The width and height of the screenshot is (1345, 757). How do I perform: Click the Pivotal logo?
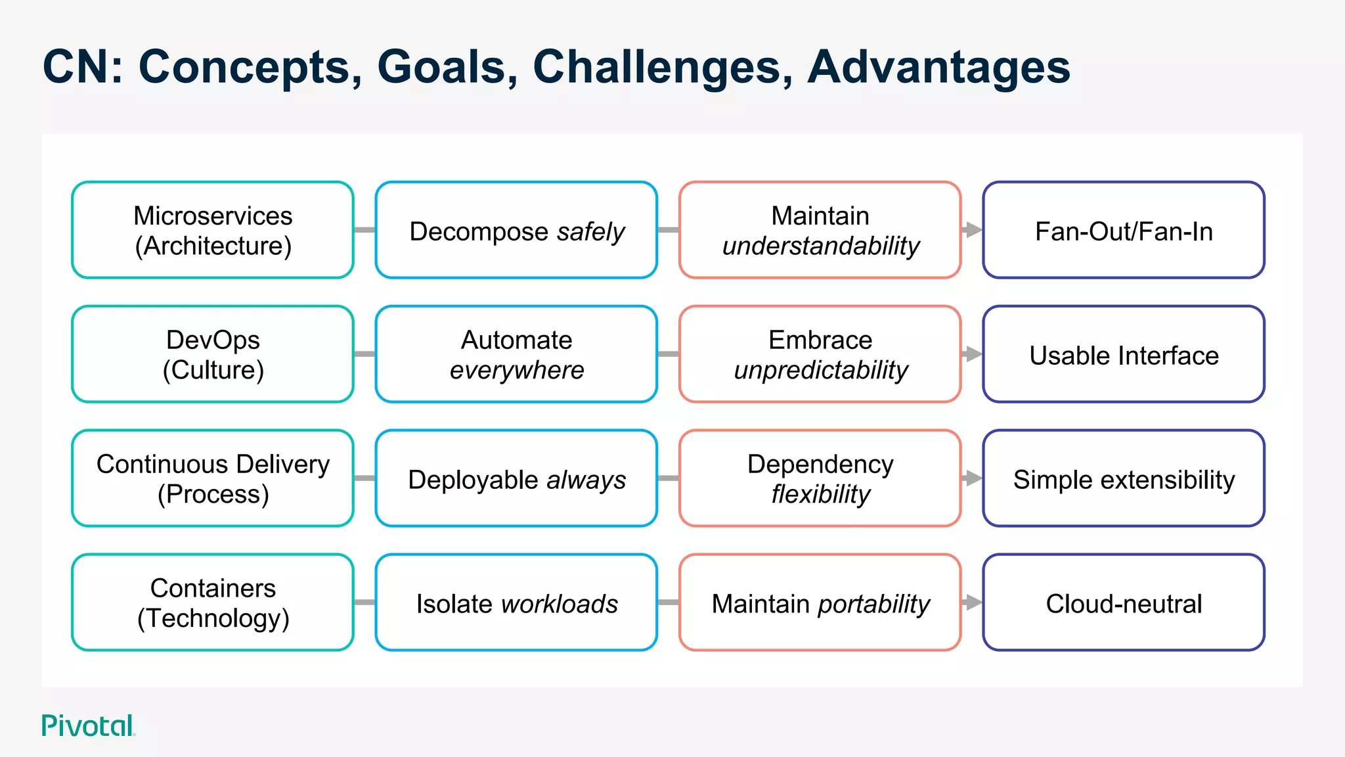click(88, 725)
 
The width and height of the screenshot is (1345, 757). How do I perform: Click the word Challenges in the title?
click(662, 68)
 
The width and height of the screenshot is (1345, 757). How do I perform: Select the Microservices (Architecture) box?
click(213, 230)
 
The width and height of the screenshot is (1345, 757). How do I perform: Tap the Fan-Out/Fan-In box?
click(1124, 230)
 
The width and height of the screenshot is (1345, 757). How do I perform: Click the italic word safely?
click(590, 232)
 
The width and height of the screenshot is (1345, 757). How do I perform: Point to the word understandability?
click(820, 246)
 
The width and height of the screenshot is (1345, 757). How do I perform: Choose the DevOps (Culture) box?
click(213, 354)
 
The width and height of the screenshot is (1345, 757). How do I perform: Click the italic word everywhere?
click(517, 371)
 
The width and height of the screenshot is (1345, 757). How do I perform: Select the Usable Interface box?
click(1124, 354)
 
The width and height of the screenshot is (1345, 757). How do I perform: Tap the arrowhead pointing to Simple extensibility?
click(973, 478)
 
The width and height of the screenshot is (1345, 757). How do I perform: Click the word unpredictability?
click(820, 371)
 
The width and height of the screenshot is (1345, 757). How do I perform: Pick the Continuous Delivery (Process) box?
click(213, 478)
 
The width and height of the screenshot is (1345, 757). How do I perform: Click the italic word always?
click(586, 480)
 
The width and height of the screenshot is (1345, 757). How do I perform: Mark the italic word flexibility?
click(820, 495)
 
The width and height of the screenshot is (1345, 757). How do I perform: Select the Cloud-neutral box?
click(1124, 603)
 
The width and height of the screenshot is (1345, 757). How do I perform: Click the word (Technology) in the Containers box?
click(213, 619)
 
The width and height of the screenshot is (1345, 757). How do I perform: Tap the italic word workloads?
click(559, 605)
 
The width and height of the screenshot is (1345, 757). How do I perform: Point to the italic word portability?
click(873, 605)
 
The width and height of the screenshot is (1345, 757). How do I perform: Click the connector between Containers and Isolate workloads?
click(364, 603)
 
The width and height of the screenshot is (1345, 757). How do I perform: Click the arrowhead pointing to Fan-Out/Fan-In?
click(973, 230)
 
